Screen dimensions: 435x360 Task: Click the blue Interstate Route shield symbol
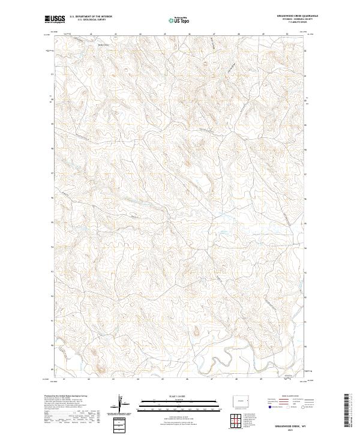click(x=266, y=408)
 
